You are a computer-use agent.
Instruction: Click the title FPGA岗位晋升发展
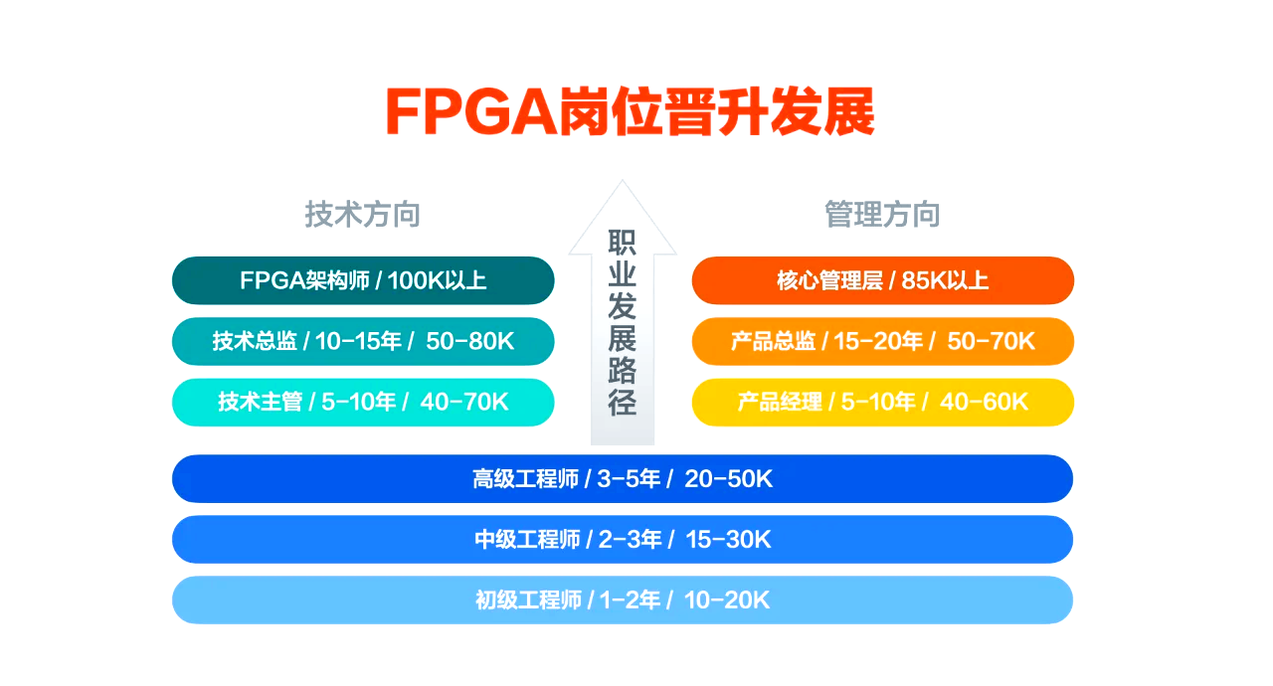tap(630, 111)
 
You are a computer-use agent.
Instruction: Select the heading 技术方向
tap(363, 214)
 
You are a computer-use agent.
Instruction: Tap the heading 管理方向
tap(882, 214)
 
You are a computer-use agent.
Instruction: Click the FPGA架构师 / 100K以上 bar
tap(363, 280)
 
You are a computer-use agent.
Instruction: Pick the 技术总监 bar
tap(363, 341)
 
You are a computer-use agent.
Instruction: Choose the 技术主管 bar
tap(363, 402)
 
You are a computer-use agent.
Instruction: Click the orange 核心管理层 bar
tap(882, 280)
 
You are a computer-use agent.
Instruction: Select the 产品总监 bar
tap(882, 341)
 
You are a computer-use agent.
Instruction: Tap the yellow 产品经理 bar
tap(882, 402)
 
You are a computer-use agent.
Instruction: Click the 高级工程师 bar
tap(623, 479)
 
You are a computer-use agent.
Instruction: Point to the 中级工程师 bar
tap(623, 540)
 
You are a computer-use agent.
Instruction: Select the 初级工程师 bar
tap(623, 600)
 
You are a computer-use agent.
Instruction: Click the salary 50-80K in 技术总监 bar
tap(470, 341)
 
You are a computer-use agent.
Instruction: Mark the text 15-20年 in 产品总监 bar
tap(878, 341)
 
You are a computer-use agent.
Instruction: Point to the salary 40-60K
tap(984, 402)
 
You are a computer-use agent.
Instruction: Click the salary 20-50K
tap(728, 479)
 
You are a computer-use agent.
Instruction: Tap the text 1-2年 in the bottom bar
tap(630, 600)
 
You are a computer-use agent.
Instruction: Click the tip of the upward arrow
tap(623, 181)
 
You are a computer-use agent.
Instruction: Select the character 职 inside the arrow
tap(623, 243)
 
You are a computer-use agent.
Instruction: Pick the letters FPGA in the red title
tap(471, 111)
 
